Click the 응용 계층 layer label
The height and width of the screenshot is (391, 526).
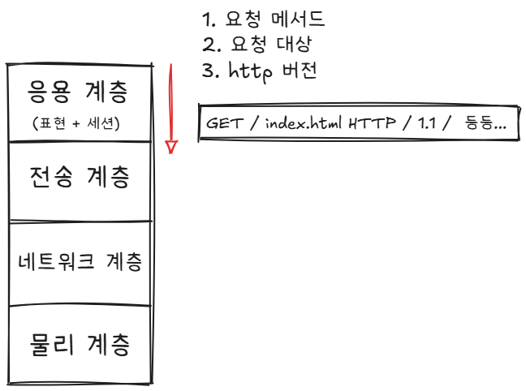(x=78, y=92)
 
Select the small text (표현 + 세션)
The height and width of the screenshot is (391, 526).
(x=78, y=124)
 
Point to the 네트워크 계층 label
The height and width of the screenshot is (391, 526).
(x=80, y=263)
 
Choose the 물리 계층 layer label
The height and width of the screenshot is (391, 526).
(x=78, y=346)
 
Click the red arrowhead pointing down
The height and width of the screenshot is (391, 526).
(x=171, y=147)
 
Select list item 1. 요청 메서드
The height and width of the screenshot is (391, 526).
(x=263, y=19)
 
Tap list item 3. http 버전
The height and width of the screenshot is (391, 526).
(x=259, y=70)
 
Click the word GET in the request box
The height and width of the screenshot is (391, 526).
(x=222, y=124)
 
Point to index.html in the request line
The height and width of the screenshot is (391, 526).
(x=302, y=124)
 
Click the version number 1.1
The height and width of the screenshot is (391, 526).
(x=425, y=124)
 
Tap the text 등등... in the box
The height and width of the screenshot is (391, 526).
(x=486, y=124)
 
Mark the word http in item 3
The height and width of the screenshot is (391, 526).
(x=247, y=70)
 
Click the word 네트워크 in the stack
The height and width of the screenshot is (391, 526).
(x=57, y=263)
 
